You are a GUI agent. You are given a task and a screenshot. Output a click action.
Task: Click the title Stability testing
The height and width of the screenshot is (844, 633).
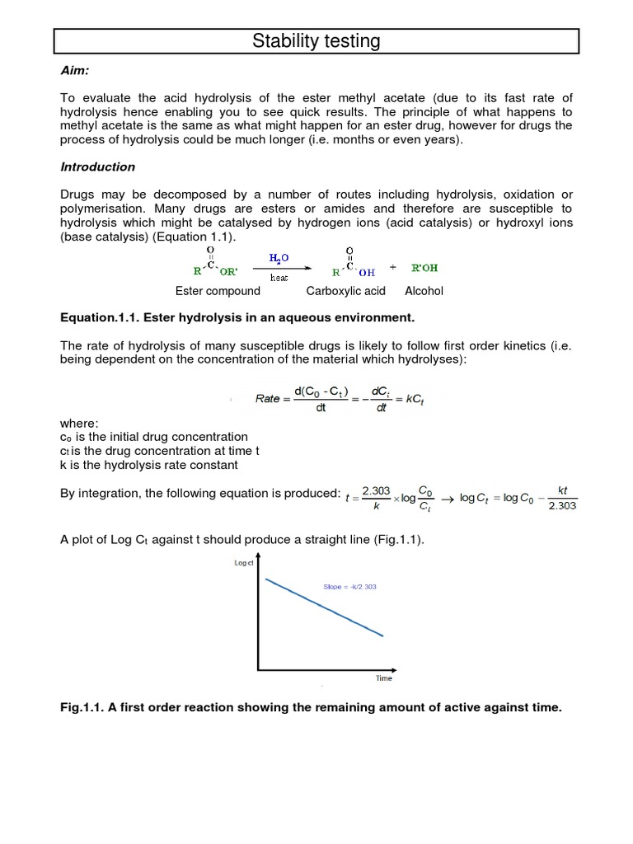click(316, 40)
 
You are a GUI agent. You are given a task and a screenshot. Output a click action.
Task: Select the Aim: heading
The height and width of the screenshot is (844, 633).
click(75, 73)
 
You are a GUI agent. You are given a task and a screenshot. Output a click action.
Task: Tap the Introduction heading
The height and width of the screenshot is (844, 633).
click(97, 166)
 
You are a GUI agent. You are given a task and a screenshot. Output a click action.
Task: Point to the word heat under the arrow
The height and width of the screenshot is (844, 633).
click(279, 278)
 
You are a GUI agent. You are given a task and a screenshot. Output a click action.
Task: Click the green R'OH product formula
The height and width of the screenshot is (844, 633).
click(426, 267)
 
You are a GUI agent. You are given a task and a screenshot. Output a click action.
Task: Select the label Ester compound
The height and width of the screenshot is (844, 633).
click(218, 291)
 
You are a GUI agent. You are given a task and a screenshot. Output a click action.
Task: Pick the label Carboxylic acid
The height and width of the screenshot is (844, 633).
click(345, 291)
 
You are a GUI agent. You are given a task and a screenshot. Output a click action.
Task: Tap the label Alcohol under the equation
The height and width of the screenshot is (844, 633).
click(424, 291)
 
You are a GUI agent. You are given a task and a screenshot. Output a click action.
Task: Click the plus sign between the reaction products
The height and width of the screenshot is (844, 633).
click(392, 267)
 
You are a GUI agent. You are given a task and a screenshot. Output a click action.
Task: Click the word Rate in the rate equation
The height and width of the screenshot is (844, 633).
click(268, 398)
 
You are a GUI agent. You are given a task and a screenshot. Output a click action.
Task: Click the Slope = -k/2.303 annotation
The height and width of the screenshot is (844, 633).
click(349, 587)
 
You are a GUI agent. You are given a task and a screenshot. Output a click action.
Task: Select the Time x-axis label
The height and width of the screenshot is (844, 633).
click(384, 678)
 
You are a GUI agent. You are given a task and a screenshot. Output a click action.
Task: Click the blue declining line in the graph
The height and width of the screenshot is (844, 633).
click(324, 607)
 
